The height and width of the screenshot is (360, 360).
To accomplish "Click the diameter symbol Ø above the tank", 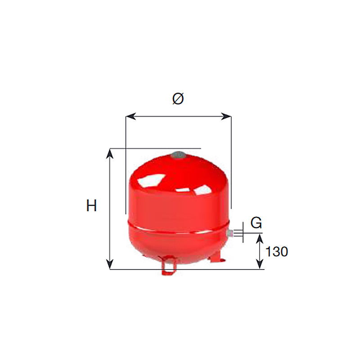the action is pos(178,99).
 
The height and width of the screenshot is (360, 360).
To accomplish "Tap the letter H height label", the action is pos(91,206).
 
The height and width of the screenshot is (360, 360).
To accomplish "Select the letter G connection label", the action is pos(256,223).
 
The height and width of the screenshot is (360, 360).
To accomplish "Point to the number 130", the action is pos(277,252).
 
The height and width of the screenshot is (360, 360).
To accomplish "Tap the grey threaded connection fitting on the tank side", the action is pos(230,233).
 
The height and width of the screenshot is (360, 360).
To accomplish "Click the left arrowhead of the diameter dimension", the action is pos(131,116).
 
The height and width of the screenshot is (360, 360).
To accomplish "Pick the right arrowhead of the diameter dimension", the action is pos(226,116).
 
